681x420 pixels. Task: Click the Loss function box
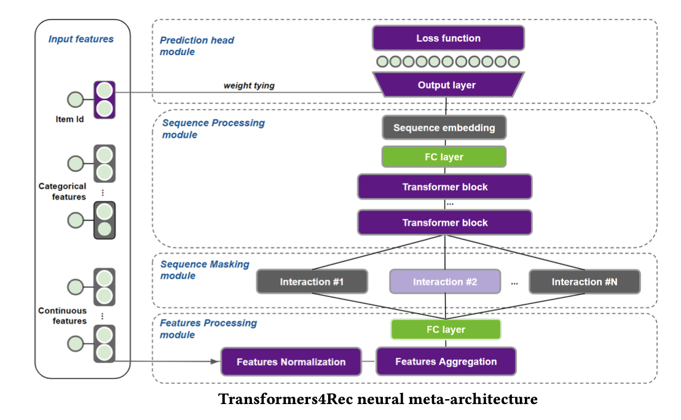click(x=448, y=38)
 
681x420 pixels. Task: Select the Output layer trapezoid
click(x=447, y=85)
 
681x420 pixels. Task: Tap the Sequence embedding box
click(x=444, y=128)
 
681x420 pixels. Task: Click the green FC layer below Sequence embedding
click(x=444, y=157)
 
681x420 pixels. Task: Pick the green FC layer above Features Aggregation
click(x=446, y=329)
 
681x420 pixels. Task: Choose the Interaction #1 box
click(x=312, y=282)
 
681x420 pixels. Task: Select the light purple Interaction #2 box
click(x=445, y=282)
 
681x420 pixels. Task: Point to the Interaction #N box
click(x=585, y=282)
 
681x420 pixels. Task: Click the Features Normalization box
click(x=291, y=362)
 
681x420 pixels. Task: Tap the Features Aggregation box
click(x=446, y=361)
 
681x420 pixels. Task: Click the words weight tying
click(x=249, y=85)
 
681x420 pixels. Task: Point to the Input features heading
click(x=81, y=39)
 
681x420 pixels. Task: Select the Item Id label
click(x=69, y=119)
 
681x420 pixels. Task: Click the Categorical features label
click(x=62, y=192)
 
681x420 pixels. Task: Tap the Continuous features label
click(x=62, y=316)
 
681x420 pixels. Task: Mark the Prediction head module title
click(x=197, y=46)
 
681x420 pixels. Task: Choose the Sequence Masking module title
click(x=205, y=270)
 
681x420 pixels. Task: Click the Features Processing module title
click(x=208, y=329)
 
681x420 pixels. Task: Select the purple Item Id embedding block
click(x=104, y=99)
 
